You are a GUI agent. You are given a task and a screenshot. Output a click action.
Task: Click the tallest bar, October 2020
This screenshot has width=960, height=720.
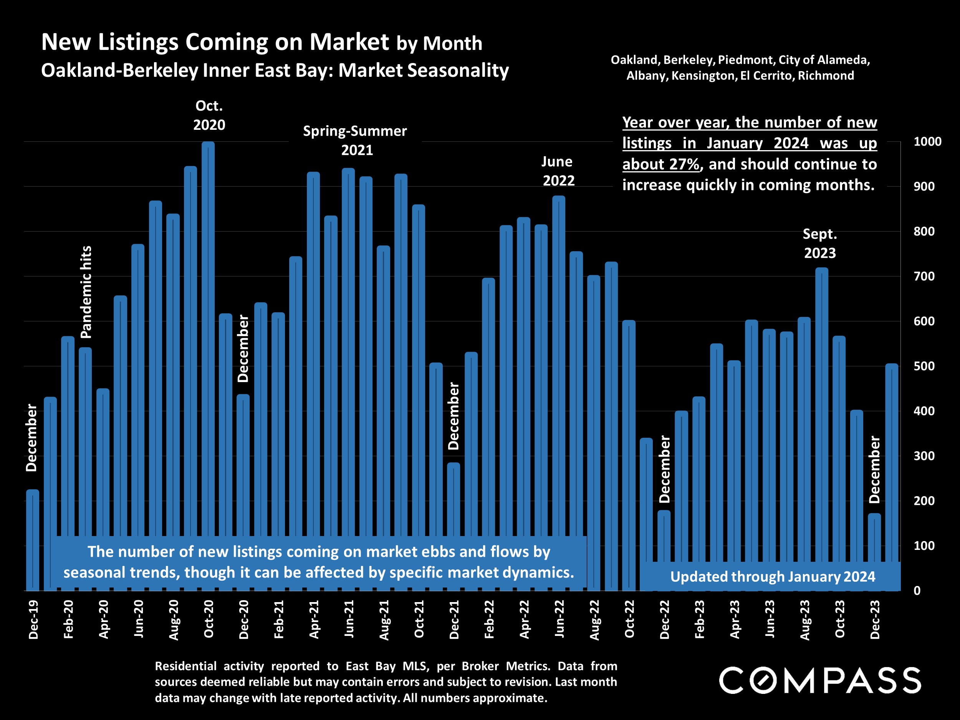click(208, 339)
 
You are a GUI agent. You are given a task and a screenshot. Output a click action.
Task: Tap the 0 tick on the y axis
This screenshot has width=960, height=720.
click(917, 591)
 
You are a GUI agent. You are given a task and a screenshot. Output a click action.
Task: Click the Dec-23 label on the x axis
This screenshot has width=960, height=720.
click(875, 619)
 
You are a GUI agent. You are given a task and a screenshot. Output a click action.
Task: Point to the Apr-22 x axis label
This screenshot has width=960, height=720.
click(524, 619)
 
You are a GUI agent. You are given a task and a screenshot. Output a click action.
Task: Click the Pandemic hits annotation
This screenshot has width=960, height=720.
click(86, 292)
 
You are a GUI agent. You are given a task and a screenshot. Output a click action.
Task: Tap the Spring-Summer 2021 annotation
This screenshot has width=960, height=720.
click(356, 140)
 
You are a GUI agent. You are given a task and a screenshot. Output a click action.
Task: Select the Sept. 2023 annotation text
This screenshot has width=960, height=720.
click(820, 243)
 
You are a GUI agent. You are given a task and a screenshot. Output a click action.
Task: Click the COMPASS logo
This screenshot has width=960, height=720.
click(820, 680)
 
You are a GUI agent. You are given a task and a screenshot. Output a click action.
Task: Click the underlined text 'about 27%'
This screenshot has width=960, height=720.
click(660, 164)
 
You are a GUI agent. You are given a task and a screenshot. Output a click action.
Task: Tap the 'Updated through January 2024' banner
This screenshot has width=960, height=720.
click(773, 576)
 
